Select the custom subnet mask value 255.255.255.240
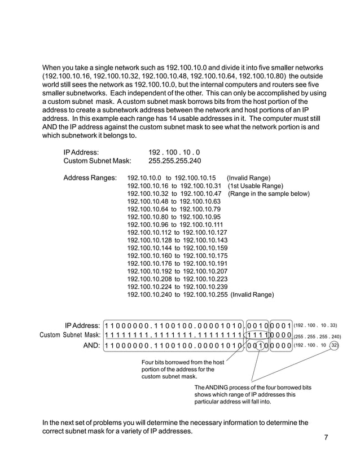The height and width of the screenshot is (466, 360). point(174,161)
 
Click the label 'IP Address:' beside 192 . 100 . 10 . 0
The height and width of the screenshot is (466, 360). point(81,152)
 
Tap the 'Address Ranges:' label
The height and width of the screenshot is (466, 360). point(90,178)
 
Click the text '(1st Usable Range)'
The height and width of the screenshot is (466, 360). point(256,186)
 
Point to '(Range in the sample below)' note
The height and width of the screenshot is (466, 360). point(269,194)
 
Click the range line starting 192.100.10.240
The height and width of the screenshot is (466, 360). point(177,294)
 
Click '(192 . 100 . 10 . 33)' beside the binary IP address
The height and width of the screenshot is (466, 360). point(316,325)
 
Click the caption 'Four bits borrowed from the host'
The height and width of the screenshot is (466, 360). point(183,362)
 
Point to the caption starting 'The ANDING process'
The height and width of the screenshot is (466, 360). point(252,388)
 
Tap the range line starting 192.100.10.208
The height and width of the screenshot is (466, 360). point(177,278)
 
